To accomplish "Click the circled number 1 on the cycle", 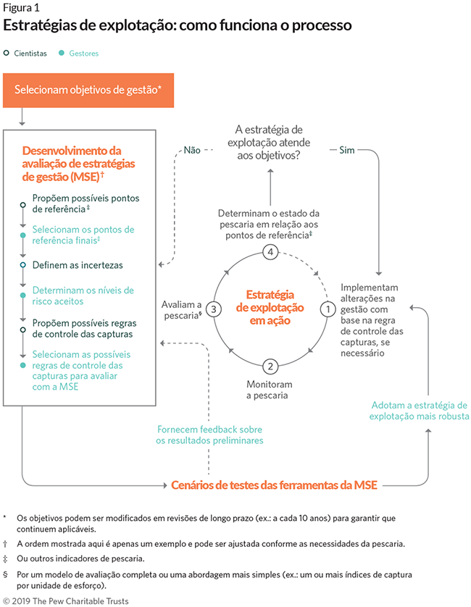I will (x=327, y=309).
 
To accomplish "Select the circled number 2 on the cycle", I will (x=270, y=366).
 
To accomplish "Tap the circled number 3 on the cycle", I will (x=212, y=309).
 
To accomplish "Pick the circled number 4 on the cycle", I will (x=270, y=252).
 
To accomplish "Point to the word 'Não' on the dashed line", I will (x=192, y=150).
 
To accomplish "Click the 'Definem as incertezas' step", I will (x=78, y=265).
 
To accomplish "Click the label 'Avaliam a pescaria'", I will (x=180, y=310).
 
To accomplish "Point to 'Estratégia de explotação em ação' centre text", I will (x=270, y=307).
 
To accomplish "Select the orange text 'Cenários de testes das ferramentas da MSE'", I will (x=276, y=485).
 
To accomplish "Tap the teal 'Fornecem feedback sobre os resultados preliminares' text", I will (x=210, y=435).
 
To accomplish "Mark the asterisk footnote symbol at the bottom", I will (x=6, y=517).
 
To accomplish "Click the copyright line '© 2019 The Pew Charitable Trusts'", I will (x=67, y=600).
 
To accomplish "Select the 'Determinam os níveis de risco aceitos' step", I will (x=83, y=296).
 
